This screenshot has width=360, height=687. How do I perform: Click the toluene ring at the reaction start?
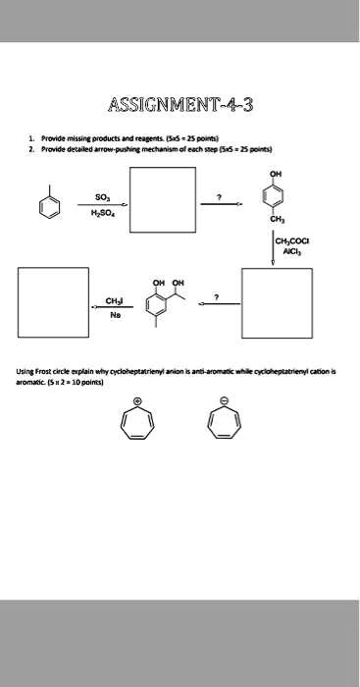pyautogui.click(x=49, y=205)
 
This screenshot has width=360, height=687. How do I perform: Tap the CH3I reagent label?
pyautogui.click(x=114, y=302)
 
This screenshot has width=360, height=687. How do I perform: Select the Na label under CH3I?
pyautogui.click(x=113, y=316)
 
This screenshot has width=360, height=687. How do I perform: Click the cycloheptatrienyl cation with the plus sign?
pyautogui.click(x=137, y=420)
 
